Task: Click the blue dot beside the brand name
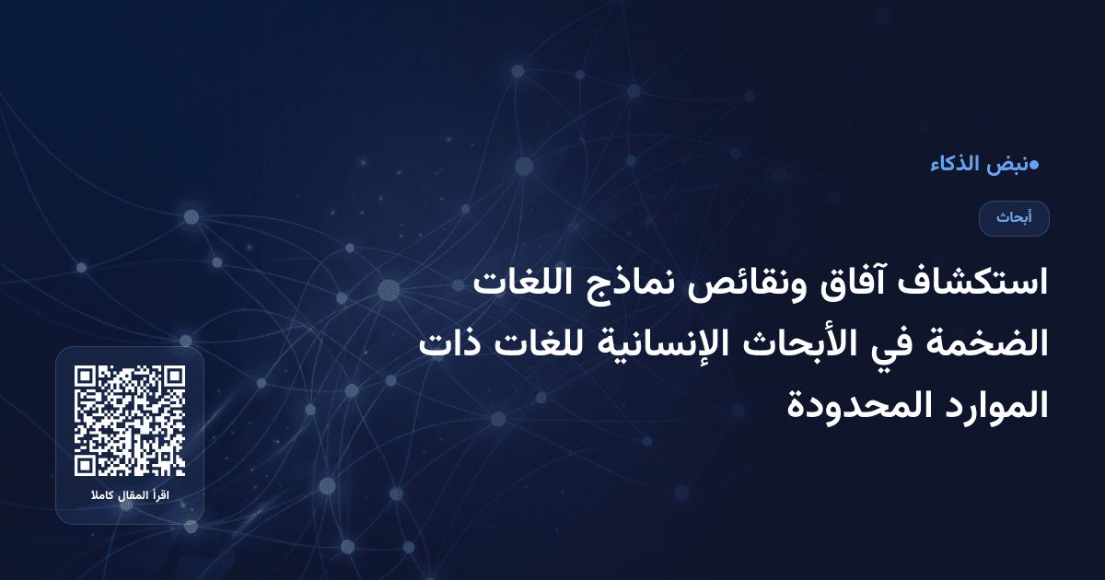pos(1034,166)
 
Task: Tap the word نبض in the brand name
pos(1007,166)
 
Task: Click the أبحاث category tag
pos(1014,219)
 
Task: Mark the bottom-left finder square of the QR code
pos(87,463)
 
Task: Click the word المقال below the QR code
pos(133,497)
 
